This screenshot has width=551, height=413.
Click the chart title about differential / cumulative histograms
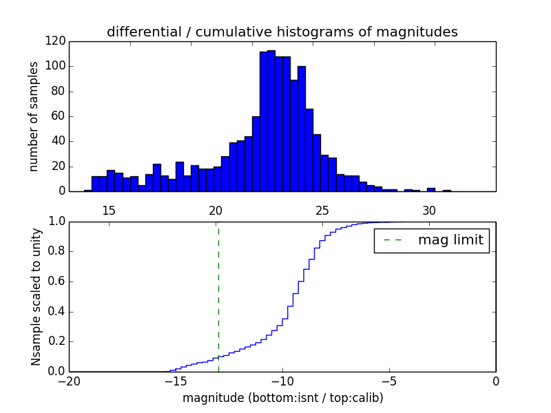tap(282, 32)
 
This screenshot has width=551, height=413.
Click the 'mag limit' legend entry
tap(432, 240)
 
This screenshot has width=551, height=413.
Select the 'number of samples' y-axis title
tap(34, 116)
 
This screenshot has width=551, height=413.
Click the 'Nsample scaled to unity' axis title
tap(36, 296)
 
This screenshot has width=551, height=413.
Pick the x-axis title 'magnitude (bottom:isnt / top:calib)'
tap(282, 398)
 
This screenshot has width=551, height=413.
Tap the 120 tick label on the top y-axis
tap(56, 41)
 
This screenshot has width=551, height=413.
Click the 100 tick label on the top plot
tap(56, 66)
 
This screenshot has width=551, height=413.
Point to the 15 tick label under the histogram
tap(109, 210)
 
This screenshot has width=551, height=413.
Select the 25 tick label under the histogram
tap(322, 210)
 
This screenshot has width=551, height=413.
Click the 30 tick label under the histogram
tap(429, 210)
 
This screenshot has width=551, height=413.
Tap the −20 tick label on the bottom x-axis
tap(69, 381)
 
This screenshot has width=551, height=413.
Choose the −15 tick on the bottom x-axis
tap(176, 381)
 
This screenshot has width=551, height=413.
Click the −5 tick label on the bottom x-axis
tap(389, 381)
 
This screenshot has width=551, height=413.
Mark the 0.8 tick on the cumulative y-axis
tap(55, 251)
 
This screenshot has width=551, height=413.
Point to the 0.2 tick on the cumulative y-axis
tap(55, 341)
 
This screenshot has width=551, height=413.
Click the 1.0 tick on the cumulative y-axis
tap(55, 222)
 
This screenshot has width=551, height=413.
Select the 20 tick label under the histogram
tap(216, 210)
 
